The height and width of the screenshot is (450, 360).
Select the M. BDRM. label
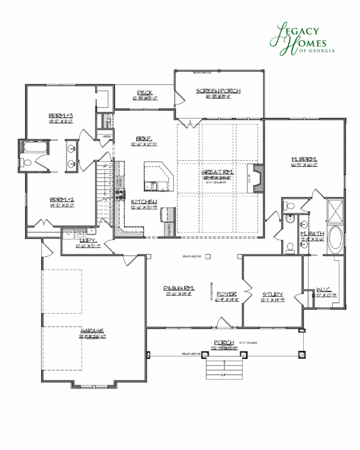[305, 159]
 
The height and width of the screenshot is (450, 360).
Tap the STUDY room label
[273, 294]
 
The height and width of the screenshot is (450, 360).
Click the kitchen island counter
[157, 177]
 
